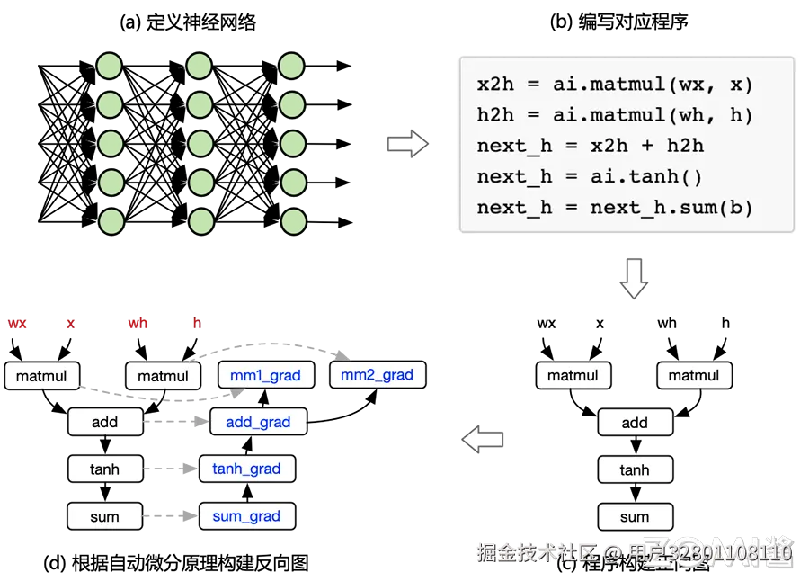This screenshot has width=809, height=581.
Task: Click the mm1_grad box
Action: (x=266, y=375)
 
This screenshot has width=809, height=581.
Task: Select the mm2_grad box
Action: (x=378, y=374)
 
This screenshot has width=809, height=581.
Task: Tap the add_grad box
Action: (x=258, y=422)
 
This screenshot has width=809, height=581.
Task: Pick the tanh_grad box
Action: (x=246, y=469)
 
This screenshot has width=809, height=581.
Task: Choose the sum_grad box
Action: (x=246, y=516)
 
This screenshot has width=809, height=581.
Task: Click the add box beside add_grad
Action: (x=104, y=422)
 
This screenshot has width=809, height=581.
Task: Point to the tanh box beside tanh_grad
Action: (x=104, y=469)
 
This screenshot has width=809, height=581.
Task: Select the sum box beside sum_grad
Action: (x=104, y=516)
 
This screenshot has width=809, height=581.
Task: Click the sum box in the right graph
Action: (x=635, y=516)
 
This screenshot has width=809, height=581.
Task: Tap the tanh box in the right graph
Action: (x=635, y=469)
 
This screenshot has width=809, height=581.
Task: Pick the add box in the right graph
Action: (x=635, y=422)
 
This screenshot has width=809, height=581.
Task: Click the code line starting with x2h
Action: (x=615, y=85)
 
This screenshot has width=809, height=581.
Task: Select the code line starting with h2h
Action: (x=615, y=115)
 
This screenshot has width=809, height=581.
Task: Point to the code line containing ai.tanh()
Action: (x=590, y=176)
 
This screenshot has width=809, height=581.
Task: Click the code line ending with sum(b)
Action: (x=615, y=207)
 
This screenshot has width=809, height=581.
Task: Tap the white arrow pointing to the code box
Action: (x=406, y=143)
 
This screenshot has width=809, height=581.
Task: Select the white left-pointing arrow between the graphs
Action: (x=484, y=440)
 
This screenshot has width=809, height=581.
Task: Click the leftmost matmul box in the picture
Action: (x=41, y=376)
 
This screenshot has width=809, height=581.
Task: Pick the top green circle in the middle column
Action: (x=199, y=66)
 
